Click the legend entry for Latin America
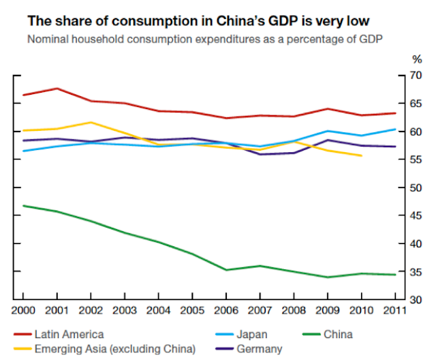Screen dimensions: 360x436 [x=69, y=334]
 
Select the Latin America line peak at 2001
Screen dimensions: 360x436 [x=57, y=89]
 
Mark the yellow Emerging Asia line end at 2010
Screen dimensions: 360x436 [x=360, y=156]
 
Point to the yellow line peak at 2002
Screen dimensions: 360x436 [x=91, y=123]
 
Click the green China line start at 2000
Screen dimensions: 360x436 [x=23, y=205]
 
